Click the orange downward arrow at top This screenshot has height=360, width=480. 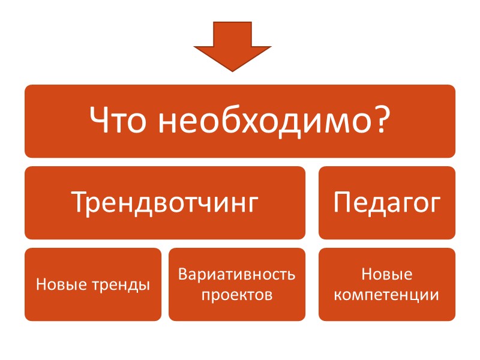[232, 45]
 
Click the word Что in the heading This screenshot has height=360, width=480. [120, 121]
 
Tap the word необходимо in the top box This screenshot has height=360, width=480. [264, 121]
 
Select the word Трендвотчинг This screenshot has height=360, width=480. [165, 203]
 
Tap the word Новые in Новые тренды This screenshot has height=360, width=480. [57, 284]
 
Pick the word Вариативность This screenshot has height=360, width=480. [237, 275]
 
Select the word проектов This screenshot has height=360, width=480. [237, 295]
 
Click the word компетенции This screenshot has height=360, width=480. [387, 295]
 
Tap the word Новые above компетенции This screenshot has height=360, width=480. [387, 275]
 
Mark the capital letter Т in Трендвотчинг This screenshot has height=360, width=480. [79, 203]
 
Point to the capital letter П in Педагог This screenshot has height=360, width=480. [343, 203]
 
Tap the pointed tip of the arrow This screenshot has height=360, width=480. [232, 70]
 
